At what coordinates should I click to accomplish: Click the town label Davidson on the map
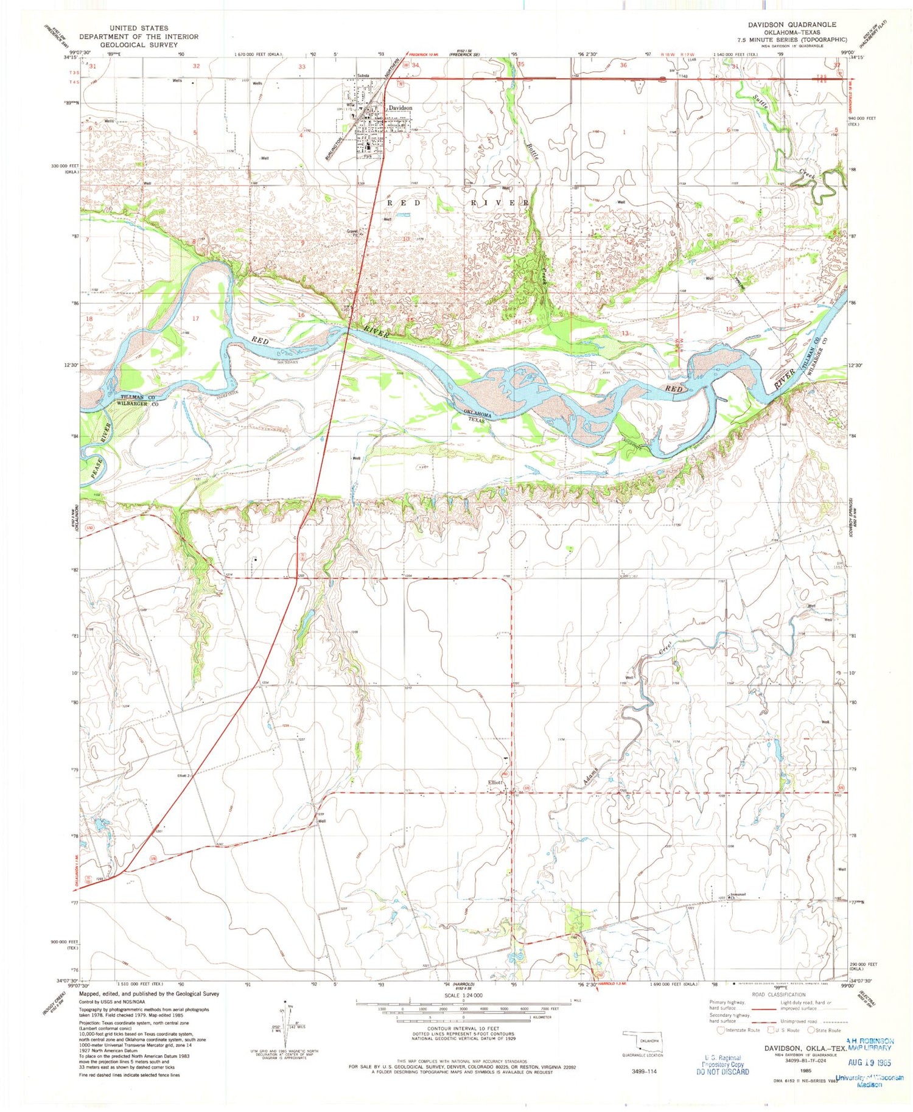[x=401, y=108]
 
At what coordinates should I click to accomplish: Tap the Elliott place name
[x=493, y=782]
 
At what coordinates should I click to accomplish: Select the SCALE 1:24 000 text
[x=463, y=995]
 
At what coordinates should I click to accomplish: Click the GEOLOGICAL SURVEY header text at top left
[x=139, y=44]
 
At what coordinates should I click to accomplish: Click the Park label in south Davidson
[x=368, y=156]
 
